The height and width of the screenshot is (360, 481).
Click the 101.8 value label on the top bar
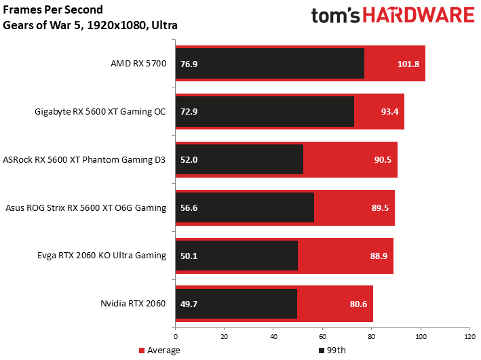click(408, 64)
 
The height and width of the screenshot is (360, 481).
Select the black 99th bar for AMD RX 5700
click(270, 64)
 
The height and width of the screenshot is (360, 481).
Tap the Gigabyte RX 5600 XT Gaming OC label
click(100, 111)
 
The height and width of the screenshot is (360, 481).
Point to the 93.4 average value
click(389, 111)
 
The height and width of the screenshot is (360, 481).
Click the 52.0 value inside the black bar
click(189, 159)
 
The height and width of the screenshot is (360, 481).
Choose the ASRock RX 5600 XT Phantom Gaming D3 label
click(84, 160)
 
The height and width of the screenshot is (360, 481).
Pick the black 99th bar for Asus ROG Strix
click(245, 207)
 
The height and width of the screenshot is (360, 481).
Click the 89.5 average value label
click(380, 207)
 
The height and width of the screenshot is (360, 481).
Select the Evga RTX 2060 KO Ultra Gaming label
click(102, 256)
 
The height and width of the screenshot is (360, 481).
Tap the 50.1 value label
click(189, 256)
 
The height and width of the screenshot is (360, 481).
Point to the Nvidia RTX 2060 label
click(133, 304)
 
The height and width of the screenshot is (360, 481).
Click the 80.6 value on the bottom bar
click(358, 304)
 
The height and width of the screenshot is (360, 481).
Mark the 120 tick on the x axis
click(469, 337)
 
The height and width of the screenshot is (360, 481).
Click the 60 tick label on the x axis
click(322, 337)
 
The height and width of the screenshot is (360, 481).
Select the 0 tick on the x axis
click(176, 337)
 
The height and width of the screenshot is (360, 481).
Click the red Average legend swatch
click(142, 351)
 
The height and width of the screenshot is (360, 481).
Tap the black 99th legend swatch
click(322, 351)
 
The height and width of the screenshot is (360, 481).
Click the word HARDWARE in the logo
click(419, 16)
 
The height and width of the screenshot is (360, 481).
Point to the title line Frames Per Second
click(53, 9)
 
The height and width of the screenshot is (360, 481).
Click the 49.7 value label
click(189, 304)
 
